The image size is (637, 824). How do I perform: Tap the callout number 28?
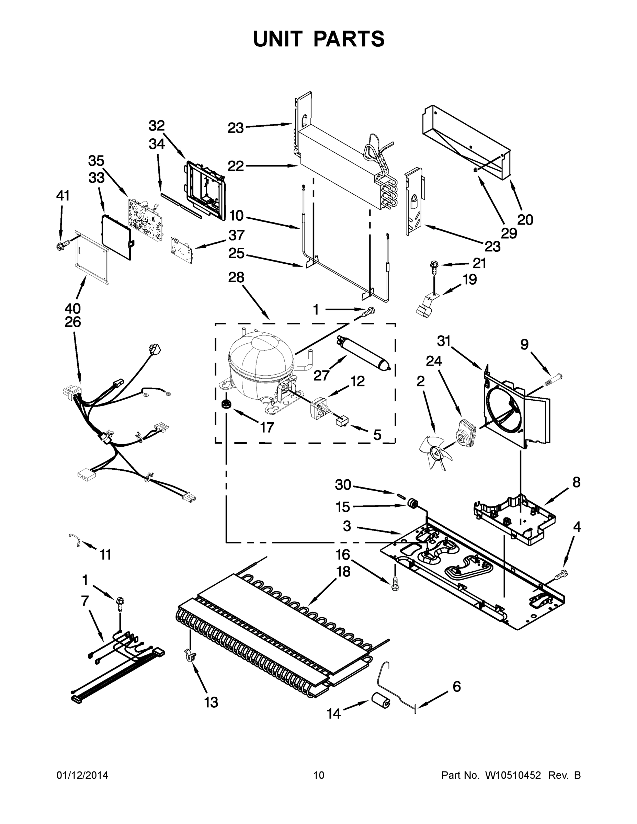pyautogui.click(x=236, y=277)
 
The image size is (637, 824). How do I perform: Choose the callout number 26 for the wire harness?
pyautogui.click(x=72, y=322)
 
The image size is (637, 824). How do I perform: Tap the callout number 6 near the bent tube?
pyautogui.click(x=457, y=687)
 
